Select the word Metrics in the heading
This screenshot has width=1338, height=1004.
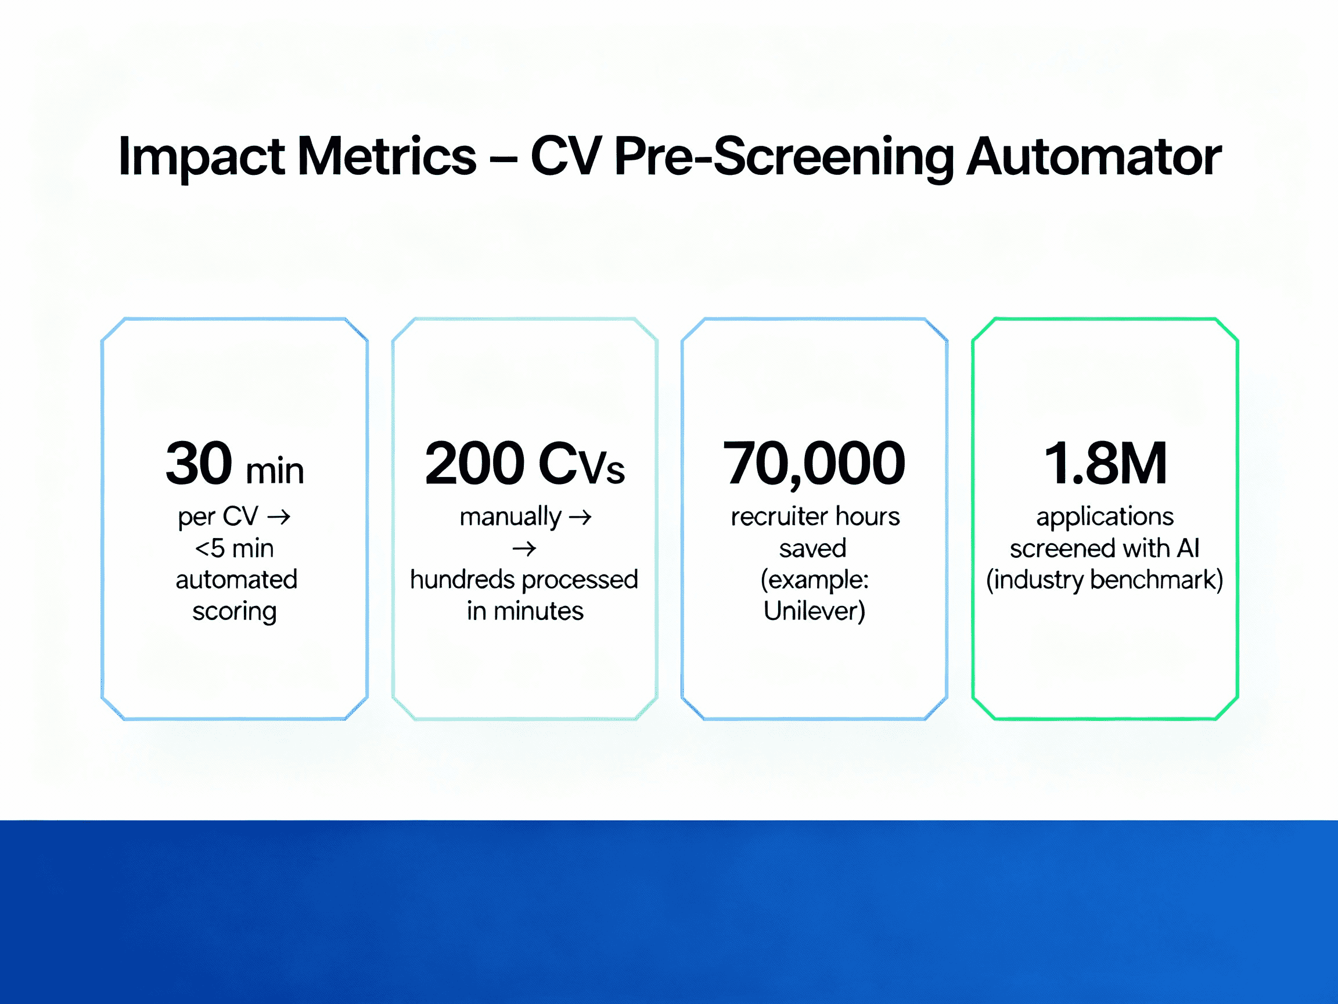[x=387, y=156]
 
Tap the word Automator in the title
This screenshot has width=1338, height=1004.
[x=1094, y=156]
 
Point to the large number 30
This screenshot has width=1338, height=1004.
[x=199, y=464]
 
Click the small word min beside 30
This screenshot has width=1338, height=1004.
[x=275, y=471]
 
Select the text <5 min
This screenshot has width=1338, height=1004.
[x=234, y=548]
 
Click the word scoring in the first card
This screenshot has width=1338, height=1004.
[x=234, y=611]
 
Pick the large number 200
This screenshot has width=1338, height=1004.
[x=474, y=464]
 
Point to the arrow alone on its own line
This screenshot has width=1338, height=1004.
[x=524, y=549]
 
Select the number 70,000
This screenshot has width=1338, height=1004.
[x=814, y=464]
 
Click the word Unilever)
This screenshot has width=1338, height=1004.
[x=814, y=611]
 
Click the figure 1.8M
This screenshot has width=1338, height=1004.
[x=1105, y=464]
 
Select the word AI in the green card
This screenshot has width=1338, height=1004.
[x=1188, y=548]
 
